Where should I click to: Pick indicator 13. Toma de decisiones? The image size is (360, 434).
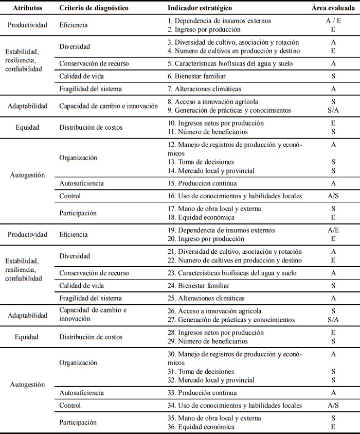click(x=201, y=162)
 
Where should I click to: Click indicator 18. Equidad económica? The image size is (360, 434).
click(x=201, y=217)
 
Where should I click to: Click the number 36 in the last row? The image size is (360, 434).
click(x=172, y=427)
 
